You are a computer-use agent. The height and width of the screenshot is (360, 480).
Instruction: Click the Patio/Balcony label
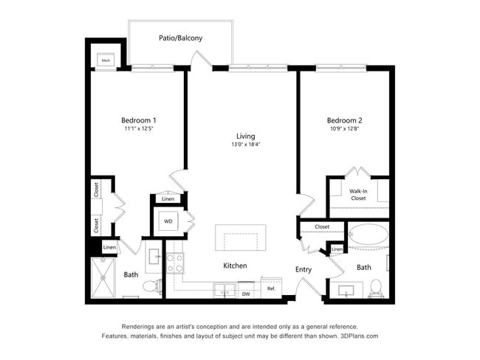(x=180, y=38)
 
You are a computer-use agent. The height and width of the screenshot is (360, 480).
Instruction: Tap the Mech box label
(x=106, y=60)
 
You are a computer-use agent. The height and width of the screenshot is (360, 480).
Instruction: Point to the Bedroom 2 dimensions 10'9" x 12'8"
(x=345, y=129)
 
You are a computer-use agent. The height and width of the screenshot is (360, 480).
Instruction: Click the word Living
(x=245, y=136)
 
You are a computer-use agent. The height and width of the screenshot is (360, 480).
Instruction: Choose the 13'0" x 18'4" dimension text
(x=245, y=145)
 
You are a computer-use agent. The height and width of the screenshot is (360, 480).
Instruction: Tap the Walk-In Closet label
(x=358, y=194)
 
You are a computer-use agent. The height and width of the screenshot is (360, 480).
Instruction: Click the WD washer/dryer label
(x=168, y=221)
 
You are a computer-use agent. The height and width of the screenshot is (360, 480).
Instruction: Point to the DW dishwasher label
(x=246, y=294)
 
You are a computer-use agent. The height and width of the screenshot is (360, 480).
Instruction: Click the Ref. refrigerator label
(x=271, y=288)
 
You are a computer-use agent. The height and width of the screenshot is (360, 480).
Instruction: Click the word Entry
(x=304, y=269)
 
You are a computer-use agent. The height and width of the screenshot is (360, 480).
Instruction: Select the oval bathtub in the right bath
(x=368, y=237)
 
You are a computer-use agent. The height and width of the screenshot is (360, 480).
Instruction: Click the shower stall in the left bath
(x=103, y=278)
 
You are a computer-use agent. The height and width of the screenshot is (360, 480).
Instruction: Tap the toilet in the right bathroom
(x=376, y=286)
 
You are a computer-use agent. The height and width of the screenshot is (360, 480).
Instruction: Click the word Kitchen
(x=235, y=266)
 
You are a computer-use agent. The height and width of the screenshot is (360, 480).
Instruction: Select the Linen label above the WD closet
(x=168, y=199)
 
